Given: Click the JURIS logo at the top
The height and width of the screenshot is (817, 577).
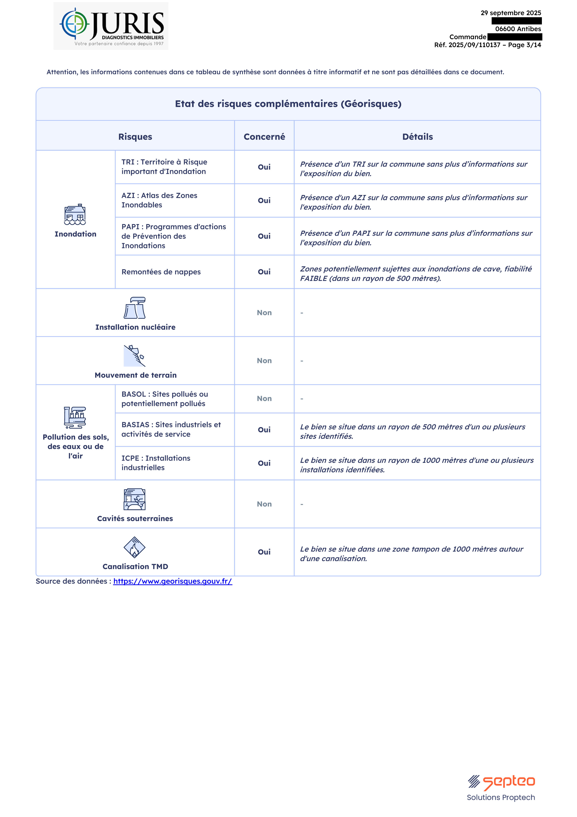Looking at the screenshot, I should point(111,26).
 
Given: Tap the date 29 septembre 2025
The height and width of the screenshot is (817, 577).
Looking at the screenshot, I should point(510,13).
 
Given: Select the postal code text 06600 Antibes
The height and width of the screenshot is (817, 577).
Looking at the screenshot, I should point(518,29).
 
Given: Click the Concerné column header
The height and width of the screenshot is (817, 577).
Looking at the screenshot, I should point(264,137).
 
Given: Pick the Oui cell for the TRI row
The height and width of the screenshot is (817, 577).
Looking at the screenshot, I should point(264,167).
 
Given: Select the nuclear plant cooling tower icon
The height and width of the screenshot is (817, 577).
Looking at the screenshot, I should point(135,308).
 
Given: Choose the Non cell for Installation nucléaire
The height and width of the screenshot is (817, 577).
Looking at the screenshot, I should point(264,313).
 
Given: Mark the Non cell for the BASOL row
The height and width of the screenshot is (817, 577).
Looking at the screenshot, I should point(264,399).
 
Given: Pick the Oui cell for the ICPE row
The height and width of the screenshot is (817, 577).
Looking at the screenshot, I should point(264,463).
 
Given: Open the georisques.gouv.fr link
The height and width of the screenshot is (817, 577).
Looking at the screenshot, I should point(173,581).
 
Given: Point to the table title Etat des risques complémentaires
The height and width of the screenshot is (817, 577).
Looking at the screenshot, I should point(288,104).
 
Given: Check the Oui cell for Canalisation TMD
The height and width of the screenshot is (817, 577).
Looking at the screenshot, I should point(264,552).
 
